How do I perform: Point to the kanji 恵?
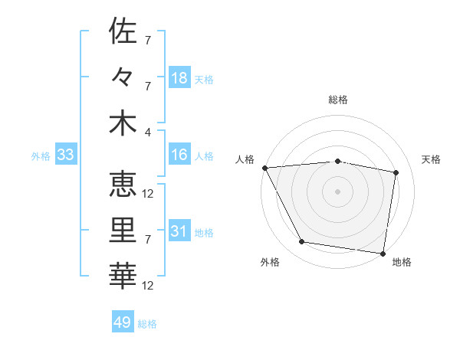[x=123, y=184]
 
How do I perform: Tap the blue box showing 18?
[x=179, y=77]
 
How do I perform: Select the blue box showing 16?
[x=179, y=155]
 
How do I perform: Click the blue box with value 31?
[x=179, y=231]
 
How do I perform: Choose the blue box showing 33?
[x=65, y=155]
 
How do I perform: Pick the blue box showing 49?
[x=123, y=322]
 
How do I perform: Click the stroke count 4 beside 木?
[x=148, y=131]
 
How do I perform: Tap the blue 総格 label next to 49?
[x=147, y=324]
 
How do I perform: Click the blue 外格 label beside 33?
[x=41, y=156]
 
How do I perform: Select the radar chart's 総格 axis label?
[x=338, y=100]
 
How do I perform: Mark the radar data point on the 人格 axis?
[x=264, y=167]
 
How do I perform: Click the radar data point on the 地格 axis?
[x=383, y=253]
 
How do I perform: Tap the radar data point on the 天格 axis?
[x=396, y=172]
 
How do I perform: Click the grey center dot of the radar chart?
[x=338, y=191]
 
